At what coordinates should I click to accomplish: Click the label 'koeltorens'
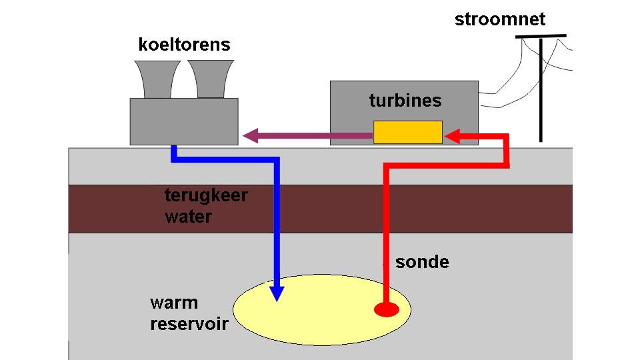pos(185,45)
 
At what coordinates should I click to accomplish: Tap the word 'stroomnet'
pos(500,19)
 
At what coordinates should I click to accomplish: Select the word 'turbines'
pos(405,101)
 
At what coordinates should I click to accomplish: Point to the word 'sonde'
pos(422,262)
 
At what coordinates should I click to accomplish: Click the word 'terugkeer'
pos(206,195)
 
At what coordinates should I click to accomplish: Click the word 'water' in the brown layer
pos(188,217)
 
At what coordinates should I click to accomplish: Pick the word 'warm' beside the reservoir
pos(174,303)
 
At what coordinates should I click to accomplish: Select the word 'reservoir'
pos(189,325)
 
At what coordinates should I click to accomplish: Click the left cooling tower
pos(157,79)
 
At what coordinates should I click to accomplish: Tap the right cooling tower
pos(211,79)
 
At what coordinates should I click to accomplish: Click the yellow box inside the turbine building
pos(408,132)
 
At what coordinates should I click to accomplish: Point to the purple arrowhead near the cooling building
pos(251,135)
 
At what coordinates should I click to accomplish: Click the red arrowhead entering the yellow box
pos(452,136)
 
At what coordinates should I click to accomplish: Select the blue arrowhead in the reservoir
pos(277,293)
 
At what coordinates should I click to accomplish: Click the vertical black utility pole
pos(541,90)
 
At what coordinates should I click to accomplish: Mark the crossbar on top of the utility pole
pos(541,36)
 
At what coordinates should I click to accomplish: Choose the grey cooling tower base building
pos(184,121)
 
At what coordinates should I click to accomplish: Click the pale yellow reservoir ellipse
pos(322,310)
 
